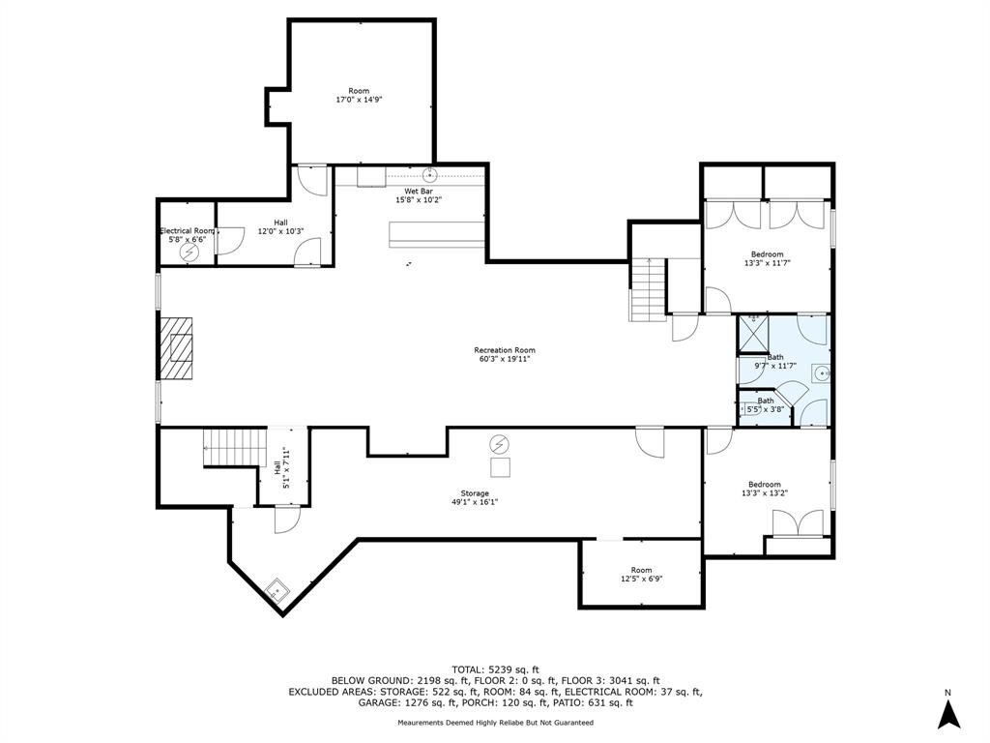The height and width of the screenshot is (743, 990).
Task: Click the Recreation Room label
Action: click(505, 354)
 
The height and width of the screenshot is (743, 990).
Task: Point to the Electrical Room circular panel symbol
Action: click(189, 253)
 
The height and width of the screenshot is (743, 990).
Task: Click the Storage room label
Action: click(474, 498)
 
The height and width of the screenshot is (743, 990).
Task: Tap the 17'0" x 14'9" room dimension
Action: click(360, 100)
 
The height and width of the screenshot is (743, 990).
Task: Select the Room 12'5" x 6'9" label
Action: click(641, 574)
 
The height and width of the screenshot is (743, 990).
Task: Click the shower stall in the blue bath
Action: click(754, 333)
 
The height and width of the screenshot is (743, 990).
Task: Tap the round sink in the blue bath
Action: click(822, 374)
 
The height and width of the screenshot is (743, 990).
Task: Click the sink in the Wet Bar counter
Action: click(430, 173)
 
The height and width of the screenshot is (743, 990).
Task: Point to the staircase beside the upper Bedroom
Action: click(648, 290)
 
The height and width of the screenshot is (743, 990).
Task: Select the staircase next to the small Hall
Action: click(235, 447)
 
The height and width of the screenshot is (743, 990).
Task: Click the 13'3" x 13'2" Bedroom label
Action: click(765, 489)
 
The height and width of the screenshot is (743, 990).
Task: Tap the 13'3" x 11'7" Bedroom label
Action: click(767, 258)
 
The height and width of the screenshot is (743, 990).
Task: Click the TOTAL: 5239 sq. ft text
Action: click(496, 669)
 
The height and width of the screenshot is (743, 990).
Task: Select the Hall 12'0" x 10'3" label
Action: click(281, 226)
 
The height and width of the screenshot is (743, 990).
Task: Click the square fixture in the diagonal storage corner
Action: click(277, 591)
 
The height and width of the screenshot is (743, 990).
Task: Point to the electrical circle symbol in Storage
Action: click(500, 444)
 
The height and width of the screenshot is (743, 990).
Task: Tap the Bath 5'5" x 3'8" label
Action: click(766, 405)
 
